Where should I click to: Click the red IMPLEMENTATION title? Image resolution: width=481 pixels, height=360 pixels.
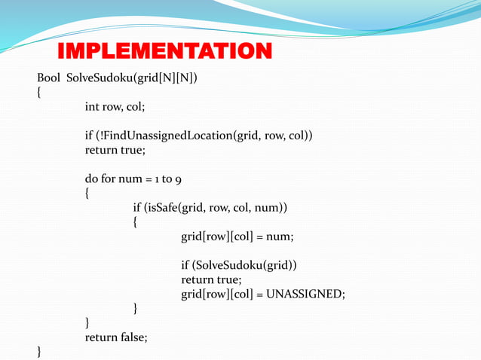point(164,52)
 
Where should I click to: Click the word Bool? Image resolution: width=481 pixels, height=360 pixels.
point(49,78)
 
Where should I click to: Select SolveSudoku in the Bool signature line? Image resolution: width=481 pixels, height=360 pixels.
point(97,78)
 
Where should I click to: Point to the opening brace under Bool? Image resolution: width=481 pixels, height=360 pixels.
point(38,93)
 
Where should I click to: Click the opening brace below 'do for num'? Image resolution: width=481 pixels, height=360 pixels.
point(87,194)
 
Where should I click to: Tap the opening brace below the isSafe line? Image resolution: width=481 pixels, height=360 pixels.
point(136,223)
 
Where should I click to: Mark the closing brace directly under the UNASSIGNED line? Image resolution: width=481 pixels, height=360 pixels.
point(136,309)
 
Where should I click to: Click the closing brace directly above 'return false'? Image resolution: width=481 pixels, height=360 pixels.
point(87,323)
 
